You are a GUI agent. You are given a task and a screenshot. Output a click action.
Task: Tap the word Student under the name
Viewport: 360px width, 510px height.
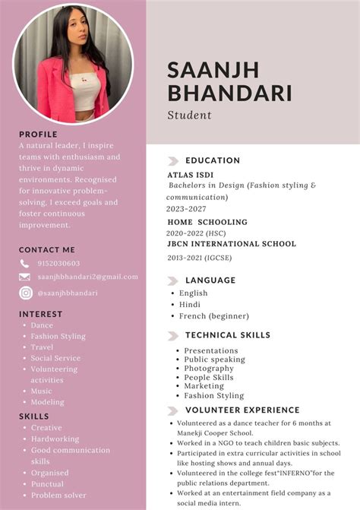[189, 116]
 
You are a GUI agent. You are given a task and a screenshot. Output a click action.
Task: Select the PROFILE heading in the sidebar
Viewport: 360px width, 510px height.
[38, 135]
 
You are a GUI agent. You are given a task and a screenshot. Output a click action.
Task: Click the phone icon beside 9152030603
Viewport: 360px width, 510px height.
[25, 264]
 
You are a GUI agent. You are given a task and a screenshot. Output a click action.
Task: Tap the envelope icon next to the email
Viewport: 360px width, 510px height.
[25, 277]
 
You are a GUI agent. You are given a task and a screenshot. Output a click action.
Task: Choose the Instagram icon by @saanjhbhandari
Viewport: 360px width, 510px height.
[25, 293]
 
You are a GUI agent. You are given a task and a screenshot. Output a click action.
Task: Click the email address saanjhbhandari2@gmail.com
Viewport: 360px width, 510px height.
[87, 277]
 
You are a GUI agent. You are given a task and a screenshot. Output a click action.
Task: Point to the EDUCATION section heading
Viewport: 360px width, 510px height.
[213, 161]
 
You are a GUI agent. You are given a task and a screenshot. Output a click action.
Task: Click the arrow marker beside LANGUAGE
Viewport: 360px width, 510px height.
[173, 280]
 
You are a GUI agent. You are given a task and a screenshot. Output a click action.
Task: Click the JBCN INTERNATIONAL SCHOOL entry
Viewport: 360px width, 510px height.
[232, 244]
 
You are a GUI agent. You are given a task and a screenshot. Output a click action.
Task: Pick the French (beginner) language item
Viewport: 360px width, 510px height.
[213, 316]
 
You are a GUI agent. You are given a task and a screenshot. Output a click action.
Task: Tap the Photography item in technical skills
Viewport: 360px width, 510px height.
[209, 369]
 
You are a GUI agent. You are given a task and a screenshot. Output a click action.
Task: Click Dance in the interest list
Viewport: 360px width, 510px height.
[42, 325]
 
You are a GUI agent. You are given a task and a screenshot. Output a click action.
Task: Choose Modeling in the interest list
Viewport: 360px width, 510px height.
[47, 402]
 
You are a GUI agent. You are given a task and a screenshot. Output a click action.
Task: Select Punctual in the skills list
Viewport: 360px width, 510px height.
[47, 483]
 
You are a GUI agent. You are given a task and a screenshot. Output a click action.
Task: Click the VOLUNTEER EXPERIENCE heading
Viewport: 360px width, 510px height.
[242, 410]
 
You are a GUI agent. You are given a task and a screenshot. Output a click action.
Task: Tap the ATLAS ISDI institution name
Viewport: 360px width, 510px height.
[191, 174]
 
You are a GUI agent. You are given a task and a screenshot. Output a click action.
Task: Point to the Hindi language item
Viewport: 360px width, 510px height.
[190, 305]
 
